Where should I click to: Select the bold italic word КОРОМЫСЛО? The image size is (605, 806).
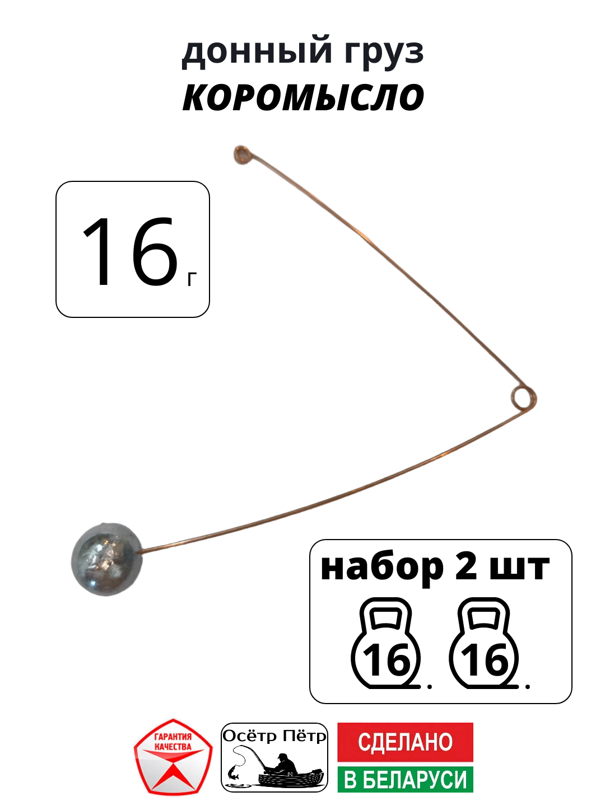click(x=303, y=98)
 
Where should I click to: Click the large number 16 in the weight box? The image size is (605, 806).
click(x=129, y=252)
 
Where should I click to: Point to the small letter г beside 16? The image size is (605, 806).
click(x=192, y=279)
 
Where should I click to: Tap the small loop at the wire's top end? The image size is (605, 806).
click(x=243, y=154)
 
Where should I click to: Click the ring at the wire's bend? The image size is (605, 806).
click(x=523, y=397)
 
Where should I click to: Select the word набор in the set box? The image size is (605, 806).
click(x=381, y=568)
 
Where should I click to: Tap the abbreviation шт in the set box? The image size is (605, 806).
click(x=519, y=568)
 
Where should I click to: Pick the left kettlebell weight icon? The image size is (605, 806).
click(x=385, y=644)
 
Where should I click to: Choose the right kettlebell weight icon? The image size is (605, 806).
click(x=484, y=644)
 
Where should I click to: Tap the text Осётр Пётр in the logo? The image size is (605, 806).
click(x=274, y=735)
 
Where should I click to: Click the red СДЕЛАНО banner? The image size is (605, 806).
click(x=405, y=742)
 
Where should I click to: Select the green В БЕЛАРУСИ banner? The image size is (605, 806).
click(x=405, y=779)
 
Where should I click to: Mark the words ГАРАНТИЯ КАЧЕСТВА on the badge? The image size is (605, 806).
click(x=173, y=742)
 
